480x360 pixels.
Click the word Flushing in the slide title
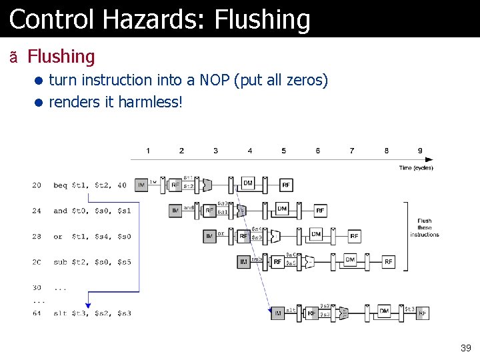point(263,20)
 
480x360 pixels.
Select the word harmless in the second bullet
point(148,103)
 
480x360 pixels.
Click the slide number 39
point(465,348)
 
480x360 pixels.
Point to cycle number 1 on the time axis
point(148,151)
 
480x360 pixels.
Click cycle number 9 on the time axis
point(420,151)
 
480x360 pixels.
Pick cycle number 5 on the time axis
point(284,151)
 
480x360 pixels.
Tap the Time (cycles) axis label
point(416,167)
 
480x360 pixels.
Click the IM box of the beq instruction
point(141,185)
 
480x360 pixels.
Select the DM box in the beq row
point(248,183)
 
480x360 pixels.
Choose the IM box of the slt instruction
point(278,313)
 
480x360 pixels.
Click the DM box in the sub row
point(350,260)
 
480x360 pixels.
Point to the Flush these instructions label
point(425,227)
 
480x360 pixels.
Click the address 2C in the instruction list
point(37,262)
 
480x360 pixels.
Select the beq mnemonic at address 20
point(61,185)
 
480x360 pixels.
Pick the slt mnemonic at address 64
point(61,313)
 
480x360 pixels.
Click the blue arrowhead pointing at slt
point(88,305)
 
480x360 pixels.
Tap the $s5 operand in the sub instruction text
point(124,262)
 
